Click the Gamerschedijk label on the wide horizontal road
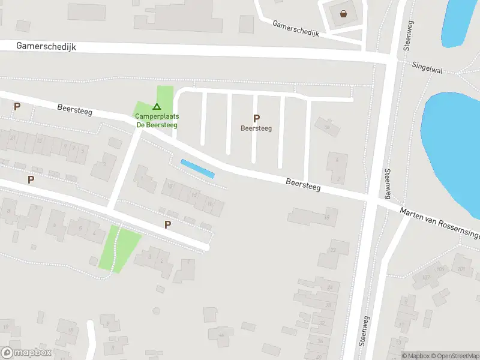(x=47, y=46)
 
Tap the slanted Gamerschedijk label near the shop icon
(x=296, y=29)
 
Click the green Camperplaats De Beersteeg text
(x=156, y=120)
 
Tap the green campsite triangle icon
(x=157, y=106)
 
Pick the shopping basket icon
(x=343, y=14)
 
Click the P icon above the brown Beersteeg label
(x=256, y=118)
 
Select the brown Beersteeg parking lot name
(x=256, y=128)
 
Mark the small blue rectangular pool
(x=197, y=169)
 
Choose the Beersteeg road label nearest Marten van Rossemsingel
(x=303, y=184)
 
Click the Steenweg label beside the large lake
(x=388, y=185)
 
